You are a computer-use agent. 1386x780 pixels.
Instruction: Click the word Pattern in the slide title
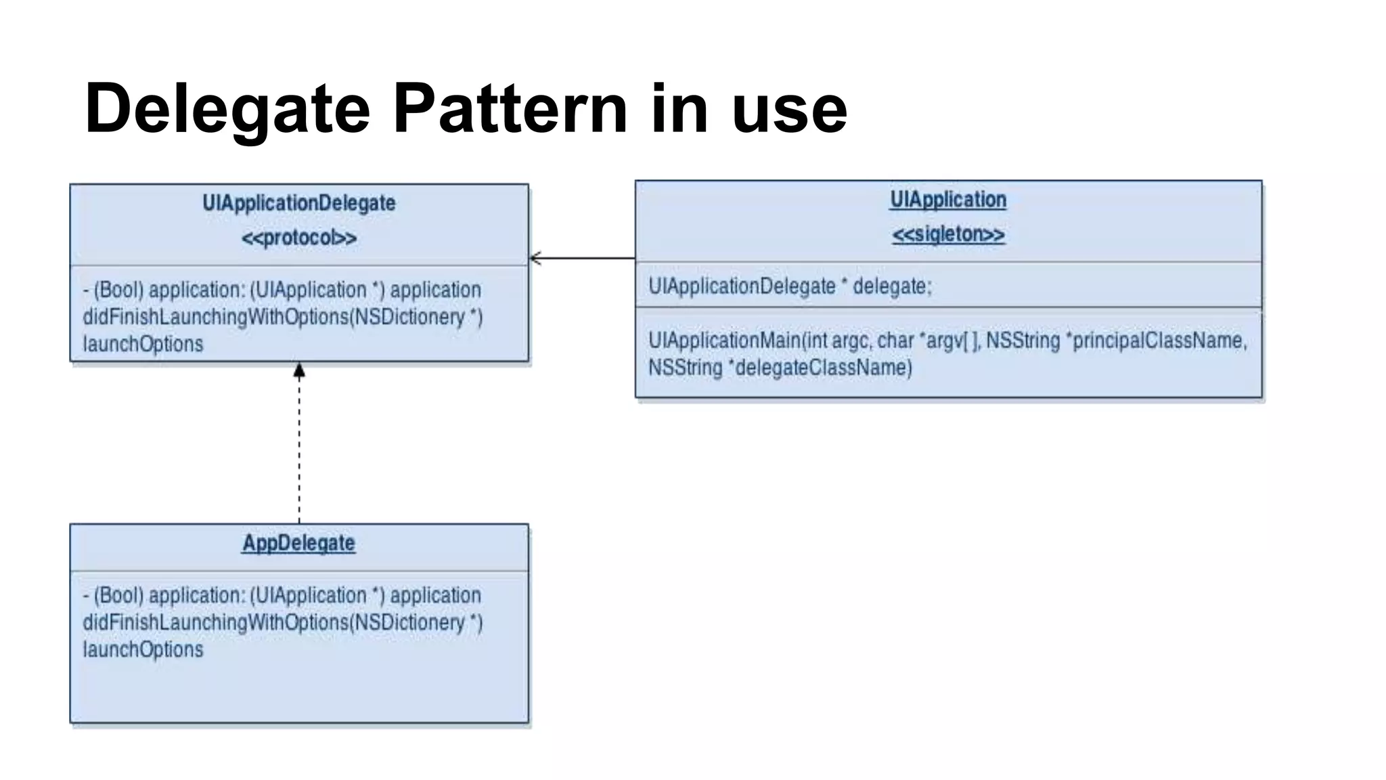[510, 108]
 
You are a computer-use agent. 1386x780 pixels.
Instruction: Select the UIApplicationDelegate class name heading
[298, 203]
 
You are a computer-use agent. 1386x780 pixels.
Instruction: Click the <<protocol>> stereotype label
[298, 238]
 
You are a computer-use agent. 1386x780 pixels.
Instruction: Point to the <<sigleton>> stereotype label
[948, 234]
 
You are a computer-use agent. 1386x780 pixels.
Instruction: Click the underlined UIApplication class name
[948, 200]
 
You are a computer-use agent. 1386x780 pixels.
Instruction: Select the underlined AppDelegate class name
[298, 543]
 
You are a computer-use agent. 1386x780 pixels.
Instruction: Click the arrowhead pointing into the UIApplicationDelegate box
[535, 258]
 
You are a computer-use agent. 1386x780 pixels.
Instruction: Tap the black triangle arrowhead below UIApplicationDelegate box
[299, 370]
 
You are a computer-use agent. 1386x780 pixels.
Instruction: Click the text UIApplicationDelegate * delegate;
[790, 286]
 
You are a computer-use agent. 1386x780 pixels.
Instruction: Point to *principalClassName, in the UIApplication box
[1156, 340]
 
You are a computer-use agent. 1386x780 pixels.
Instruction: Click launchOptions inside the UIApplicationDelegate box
[143, 344]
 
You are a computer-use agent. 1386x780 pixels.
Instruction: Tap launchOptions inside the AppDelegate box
[143, 650]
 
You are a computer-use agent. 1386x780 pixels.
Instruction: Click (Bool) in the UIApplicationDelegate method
[118, 290]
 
